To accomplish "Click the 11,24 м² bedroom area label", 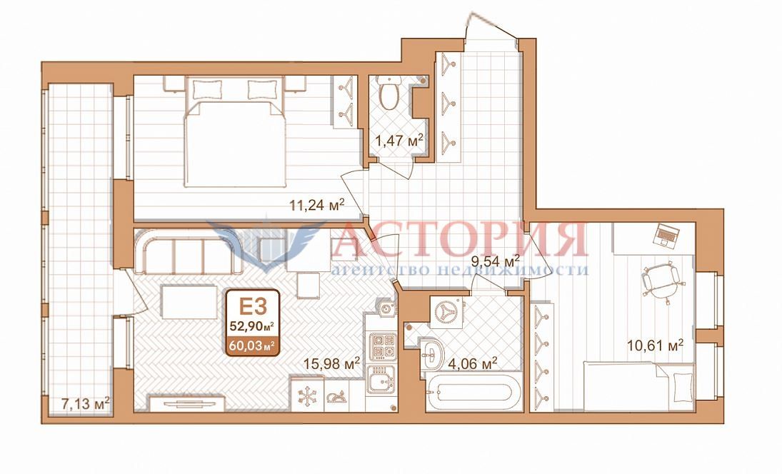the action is pyautogui.click(x=317, y=205).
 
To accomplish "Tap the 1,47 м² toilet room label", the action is pyautogui.click(x=399, y=141).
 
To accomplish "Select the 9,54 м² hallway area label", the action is pyautogui.click(x=495, y=261).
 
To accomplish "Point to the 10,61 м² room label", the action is pyautogui.click(x=655, y=344).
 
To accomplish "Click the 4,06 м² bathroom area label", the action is pyautogui.click(x=473, y=363).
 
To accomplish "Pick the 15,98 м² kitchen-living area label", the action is pyautogui.click(x=331, y=364).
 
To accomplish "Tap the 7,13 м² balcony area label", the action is pyautogui.click(x=85, y=403).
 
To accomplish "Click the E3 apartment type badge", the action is pyautogui.click(x=253, y=306).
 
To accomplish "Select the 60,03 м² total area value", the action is pyautogui.click(x=252, y=345).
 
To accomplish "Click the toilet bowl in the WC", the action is pyautogui.click(x=388, y=93).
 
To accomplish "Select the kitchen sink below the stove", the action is pyautogui.click(x=381, y=379).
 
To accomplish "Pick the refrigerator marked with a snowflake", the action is pyautogui.click(x=306, y=395).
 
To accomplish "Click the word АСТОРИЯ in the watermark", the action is pyautogui.click(x=458, y=240).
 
